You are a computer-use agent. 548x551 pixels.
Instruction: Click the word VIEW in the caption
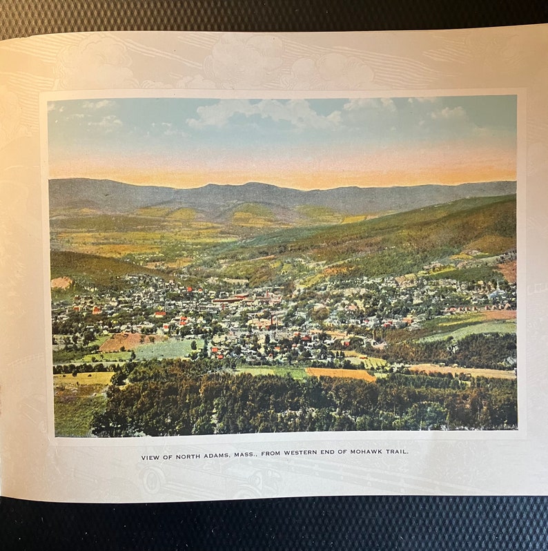click(x=150, y=457)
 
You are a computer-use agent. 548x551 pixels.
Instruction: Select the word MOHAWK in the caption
click(x=375, y=452)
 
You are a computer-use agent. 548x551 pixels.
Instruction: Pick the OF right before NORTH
click(x=168, y=457)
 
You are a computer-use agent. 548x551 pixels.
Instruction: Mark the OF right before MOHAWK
click(x=358, y=453)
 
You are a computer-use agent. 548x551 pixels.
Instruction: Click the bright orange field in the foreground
click(x=340, y=374)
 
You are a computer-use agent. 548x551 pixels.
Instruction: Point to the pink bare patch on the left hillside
click(x=61, y=283)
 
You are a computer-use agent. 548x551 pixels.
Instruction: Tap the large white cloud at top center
click(x=262, y=112)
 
